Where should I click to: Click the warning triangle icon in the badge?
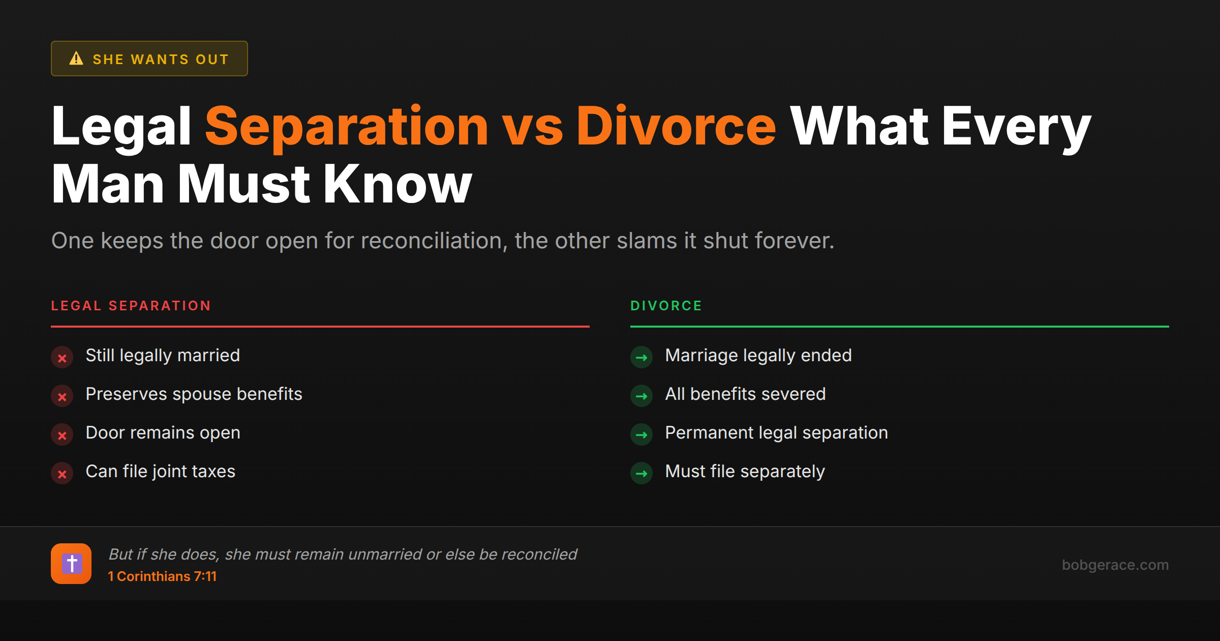(x=76, y=59)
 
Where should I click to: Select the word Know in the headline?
(x=398, y=184)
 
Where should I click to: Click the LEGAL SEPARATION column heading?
(x=131, y=306)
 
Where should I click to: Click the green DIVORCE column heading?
(x=666, y=306)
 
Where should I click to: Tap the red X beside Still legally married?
(x=62, y=358)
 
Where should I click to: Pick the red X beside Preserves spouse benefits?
(x=62, y=396)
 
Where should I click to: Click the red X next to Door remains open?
(x=62, y=435)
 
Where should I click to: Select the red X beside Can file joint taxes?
(x=62, y=474)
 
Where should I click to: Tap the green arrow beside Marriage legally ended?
(x=642, y=357)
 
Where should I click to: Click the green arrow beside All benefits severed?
(x=642, y=396)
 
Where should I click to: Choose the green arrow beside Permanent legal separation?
(x=642, y=434)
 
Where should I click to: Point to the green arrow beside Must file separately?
(x=642, y=473)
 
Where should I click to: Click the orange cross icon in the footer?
(x=71, y=564)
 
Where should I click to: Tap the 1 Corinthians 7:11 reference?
(x=162, y=576)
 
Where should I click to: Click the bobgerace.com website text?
(x=1115, y=565)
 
